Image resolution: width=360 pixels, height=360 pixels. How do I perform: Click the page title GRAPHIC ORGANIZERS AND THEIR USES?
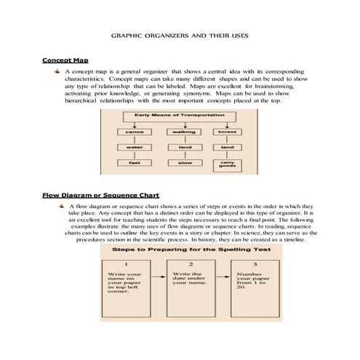pyautogui.click(x=180, y=34)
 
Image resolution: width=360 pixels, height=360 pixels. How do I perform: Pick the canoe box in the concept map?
pyautogui.click(x=134, y=132)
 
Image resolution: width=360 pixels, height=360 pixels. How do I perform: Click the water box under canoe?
pyautogui.click(x=134, y=148)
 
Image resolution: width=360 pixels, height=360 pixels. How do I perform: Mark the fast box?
pyautogui.click(x=134, y=163)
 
